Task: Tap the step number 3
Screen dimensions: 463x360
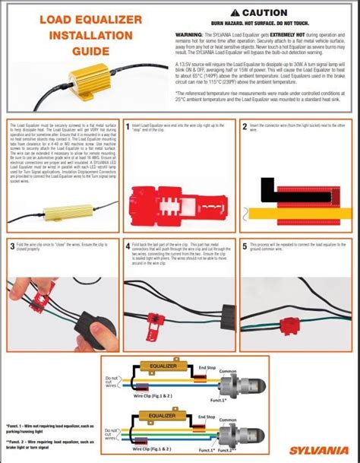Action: coord(11,246)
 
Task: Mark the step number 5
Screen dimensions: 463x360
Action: coord(245,246)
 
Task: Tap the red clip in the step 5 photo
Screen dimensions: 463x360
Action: coord(292,327)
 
